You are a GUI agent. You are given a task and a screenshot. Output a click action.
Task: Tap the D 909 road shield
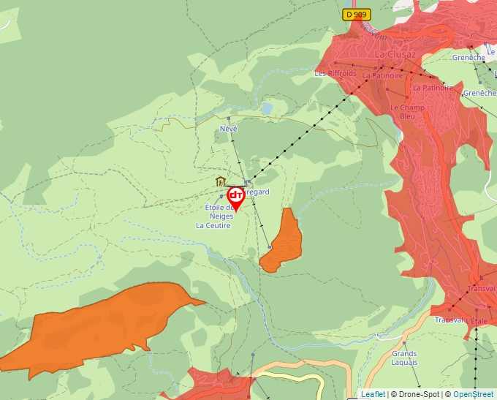coord(356,15)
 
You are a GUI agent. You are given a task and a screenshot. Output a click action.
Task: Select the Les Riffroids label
coord(335,74)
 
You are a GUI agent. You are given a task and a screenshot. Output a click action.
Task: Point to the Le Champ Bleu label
coord(407,112)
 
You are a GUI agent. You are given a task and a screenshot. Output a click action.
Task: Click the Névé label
coord(229,129)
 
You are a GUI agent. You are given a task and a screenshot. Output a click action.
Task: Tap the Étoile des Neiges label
coord(218,212)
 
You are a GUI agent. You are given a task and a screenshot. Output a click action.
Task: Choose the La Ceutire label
coord(213,226)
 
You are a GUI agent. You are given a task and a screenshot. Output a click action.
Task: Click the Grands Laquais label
coord(404,358)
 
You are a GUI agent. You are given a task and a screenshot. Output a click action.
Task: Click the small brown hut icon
coord(219,181)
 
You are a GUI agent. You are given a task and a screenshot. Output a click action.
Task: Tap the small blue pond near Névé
coord(268,108)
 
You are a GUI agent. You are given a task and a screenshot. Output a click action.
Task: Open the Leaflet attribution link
coord(373,394)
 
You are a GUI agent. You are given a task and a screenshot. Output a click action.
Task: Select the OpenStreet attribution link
coord(474,394)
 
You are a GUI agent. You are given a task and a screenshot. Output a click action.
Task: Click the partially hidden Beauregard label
coord(257,192)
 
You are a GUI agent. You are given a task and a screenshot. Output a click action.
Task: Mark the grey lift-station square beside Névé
coord(229,118)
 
